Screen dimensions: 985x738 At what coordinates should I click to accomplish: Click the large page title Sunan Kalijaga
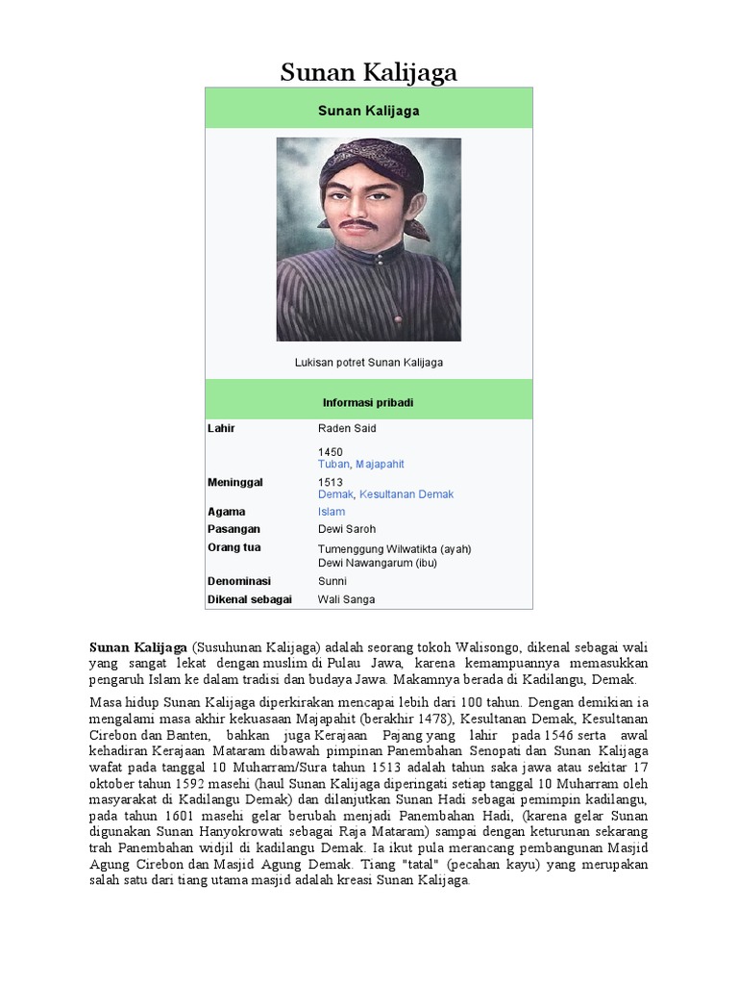coord(369,72)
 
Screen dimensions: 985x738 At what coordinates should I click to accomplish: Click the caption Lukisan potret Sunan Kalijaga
coord(368,363)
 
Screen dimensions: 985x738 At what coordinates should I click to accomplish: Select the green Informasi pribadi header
coord(368,402)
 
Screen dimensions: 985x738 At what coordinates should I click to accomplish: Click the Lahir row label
coord(221,428)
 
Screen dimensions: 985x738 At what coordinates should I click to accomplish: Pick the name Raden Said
coord(347,428)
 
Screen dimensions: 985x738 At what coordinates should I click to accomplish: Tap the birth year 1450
coord(331,451)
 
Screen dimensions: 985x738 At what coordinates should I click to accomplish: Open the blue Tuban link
coord(333,464)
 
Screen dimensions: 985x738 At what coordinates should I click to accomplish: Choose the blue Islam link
coord(332,512)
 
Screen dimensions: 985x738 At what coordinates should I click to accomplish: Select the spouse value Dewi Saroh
coord(347,529)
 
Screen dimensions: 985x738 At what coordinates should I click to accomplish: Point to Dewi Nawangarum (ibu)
coord(378,563)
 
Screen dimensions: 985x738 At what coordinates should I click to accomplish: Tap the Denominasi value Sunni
coord(332,581)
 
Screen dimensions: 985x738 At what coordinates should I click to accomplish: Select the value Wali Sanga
coord(346,599)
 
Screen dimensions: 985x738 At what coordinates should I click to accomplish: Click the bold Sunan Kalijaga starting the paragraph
coord(137,647)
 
